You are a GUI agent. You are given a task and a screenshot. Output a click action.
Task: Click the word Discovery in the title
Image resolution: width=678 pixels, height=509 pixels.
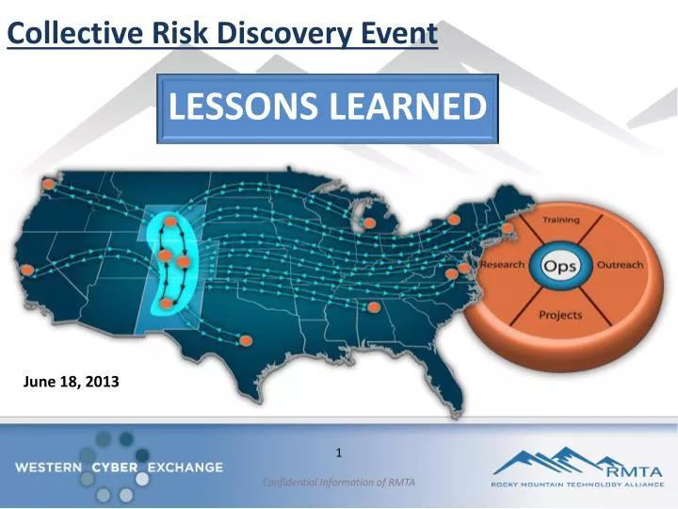click(x=274, y=34)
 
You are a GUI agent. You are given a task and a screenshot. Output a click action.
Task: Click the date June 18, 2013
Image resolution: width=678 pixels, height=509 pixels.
click(x=71, y=382)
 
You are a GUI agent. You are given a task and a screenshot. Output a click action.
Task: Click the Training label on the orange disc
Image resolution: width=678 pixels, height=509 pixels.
click(x=559, y=220)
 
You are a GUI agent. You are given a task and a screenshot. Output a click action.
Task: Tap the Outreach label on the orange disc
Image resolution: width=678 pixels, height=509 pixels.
click(x=620, y=265)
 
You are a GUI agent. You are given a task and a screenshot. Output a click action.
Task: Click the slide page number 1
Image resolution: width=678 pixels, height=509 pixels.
click(x=338, y=454)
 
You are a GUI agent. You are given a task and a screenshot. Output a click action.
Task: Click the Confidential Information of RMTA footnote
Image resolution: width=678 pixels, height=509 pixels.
click(x=338, y=483)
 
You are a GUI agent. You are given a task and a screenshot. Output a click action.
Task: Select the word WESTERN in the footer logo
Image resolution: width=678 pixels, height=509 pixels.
click(x=48, y=467)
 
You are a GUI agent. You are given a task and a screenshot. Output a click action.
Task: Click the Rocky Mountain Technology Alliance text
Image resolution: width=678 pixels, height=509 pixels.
click(x=578, y=484)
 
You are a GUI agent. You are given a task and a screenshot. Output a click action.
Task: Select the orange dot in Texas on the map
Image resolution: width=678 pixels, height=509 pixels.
click(x=246, y=339)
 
